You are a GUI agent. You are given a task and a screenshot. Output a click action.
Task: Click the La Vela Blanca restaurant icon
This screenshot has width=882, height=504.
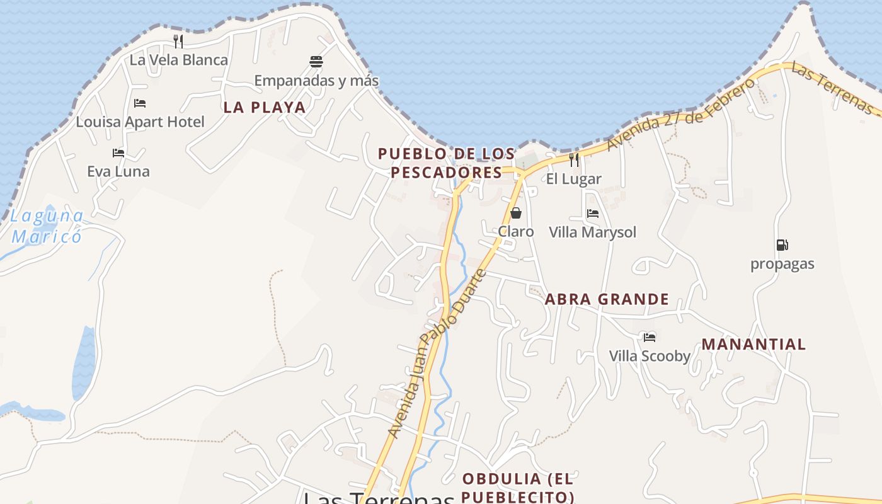click(178, 42)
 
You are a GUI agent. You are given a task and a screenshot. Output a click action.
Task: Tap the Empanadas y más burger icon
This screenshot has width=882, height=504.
click(316, 62)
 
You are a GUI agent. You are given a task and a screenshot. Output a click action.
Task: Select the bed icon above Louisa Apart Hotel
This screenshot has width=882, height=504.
click(140, 103)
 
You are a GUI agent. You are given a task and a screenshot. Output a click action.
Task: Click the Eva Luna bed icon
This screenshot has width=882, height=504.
click(118, 152)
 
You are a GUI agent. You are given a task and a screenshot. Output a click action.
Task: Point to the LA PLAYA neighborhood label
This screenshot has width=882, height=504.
click(265, 108)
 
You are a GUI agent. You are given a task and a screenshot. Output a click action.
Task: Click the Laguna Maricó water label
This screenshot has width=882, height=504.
click(47, 227)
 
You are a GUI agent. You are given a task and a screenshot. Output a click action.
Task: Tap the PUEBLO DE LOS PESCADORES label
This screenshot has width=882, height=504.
click(446, 163)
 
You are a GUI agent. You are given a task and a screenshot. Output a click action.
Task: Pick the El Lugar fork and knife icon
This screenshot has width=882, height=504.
click(573, 160)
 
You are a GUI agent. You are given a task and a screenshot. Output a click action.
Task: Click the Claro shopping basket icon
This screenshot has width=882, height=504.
click(516, 213)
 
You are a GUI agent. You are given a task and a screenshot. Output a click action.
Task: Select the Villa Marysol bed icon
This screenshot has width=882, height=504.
click(593, 214)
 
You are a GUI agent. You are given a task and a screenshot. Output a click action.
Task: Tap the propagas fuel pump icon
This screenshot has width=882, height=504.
click(782, 245)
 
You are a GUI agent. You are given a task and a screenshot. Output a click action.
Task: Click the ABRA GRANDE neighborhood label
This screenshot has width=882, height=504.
click(607, 299)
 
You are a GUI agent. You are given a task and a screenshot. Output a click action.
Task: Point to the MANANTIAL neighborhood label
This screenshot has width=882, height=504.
click(753, 345)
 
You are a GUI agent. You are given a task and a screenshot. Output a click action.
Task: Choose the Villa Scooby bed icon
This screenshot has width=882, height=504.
click(650, 338)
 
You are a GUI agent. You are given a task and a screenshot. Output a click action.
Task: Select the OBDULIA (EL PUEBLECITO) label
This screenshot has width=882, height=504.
click(518, 487)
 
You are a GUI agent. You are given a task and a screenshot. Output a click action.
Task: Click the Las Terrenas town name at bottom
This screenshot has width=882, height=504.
click(378, 498)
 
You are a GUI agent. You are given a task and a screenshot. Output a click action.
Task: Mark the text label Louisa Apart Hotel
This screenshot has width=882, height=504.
click(140, 122)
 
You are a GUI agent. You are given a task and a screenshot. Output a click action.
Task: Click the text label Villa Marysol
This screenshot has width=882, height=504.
click(593, 232)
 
